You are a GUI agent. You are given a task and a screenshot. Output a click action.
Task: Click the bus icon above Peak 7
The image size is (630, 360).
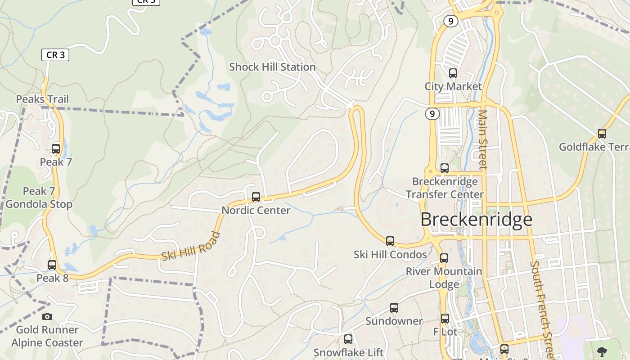[x=56, y=148]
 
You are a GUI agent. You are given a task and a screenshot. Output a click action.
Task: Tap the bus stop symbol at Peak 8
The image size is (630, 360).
[x=52, y=265]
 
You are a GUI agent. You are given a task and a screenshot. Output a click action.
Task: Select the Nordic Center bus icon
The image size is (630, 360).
[x=256, y=197]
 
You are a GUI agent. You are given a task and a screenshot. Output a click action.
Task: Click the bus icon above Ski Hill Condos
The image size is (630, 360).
[x=390, y=241]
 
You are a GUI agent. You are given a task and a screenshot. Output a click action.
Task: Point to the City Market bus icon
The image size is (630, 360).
[x=453, y=73]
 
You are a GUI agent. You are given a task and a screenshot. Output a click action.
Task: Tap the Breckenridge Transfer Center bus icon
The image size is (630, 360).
[x=445, y=168]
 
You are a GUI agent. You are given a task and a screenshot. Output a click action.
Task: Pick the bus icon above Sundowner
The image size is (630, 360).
[x=394, y=308]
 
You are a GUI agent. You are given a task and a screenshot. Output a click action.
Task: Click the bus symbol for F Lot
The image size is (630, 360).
[x=445, y=319]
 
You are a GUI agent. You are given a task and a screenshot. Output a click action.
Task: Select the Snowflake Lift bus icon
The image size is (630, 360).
[x=348, y=339]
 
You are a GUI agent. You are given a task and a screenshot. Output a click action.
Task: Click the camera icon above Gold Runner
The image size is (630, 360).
[x=47, y=317]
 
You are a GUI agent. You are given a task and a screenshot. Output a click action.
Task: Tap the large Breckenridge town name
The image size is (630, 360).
[x=477, y=220]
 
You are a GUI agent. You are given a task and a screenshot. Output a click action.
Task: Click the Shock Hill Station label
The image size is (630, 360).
[x=272, y=67]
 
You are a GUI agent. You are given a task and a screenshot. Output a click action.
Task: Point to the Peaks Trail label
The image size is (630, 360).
[x=43, y=99]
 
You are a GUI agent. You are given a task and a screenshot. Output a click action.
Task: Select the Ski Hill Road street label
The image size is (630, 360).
[x=191, y=246]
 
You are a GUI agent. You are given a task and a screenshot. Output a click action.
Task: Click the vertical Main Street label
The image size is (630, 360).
[x=483, y=139]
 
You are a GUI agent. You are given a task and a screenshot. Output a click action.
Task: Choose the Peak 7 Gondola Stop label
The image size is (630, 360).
[x=39, y=198]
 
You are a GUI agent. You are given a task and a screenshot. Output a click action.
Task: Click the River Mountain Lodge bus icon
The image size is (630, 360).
[x=444, y=258]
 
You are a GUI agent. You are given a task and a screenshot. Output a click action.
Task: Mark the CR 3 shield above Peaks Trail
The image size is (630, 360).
[x=55, y=55]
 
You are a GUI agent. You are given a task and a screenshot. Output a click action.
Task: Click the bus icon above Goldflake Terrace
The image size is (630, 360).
[x=602, y=134]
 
